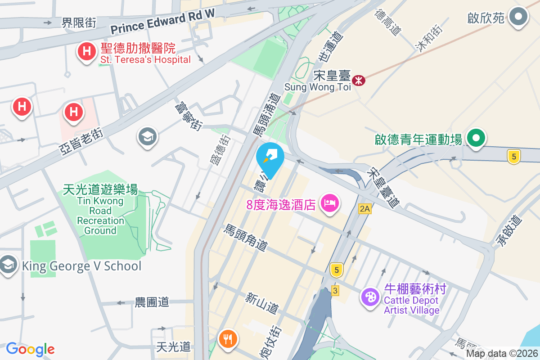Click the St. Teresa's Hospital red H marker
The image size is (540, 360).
87,51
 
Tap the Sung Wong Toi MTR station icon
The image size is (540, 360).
359,81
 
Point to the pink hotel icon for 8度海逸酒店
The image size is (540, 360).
329,203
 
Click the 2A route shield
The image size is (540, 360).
364,208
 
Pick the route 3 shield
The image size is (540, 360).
335,290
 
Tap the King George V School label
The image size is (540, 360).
81,266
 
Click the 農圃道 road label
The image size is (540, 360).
152,302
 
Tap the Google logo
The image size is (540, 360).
30,349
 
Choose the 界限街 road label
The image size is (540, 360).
79,22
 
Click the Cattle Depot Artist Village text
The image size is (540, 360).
412,305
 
